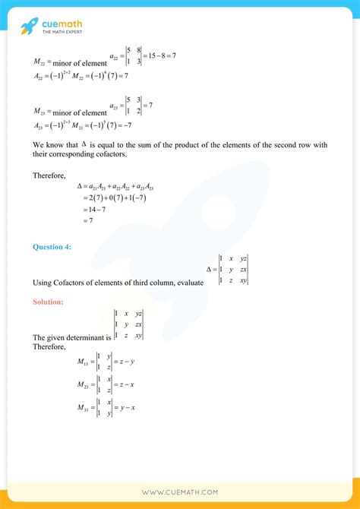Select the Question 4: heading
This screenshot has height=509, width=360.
coord(54,246)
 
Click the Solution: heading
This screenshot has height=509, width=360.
coord(49,302)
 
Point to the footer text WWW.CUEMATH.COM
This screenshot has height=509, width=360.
coord(179,492)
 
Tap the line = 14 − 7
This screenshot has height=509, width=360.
coord(94,209)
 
